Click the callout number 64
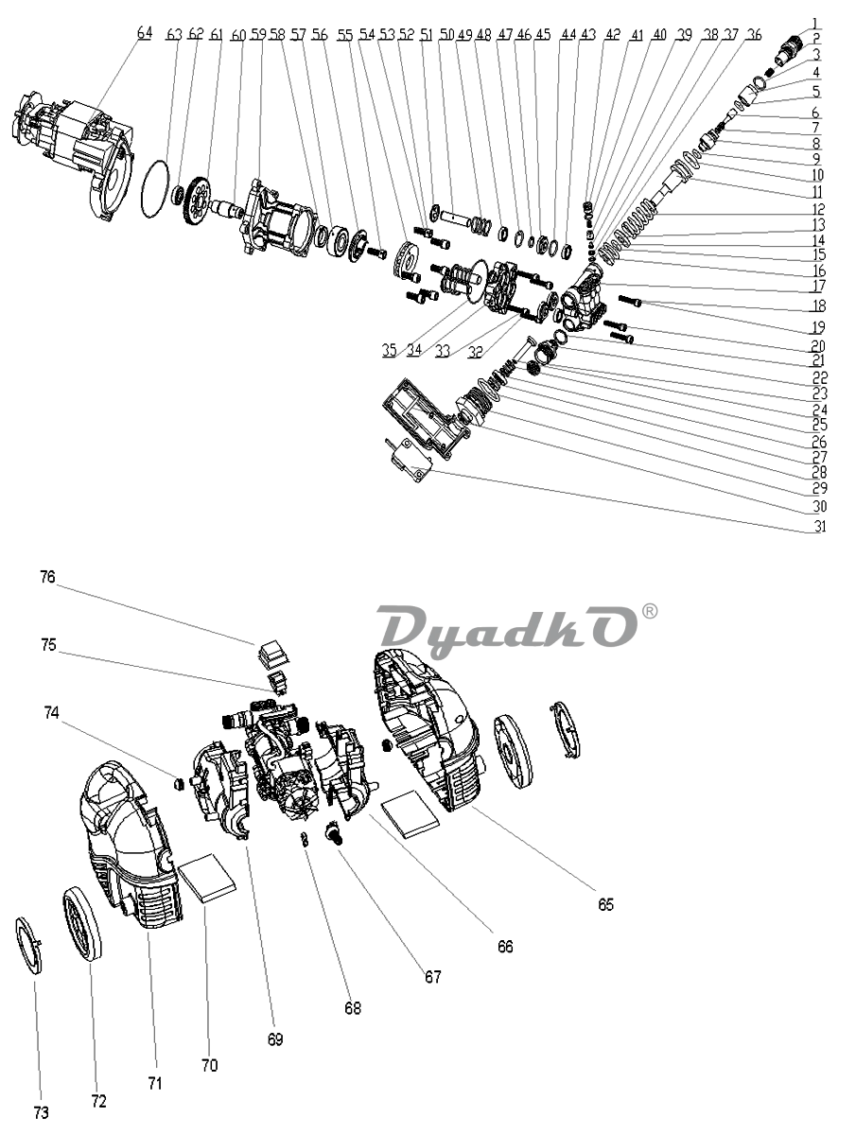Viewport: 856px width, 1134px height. (x=144, y=32)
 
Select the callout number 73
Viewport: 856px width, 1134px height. (x=41, y=1113)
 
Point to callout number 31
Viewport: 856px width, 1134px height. (x=817, y=526)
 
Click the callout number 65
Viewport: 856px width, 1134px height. (x=605, y=904)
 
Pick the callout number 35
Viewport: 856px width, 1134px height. (x=389, y=349)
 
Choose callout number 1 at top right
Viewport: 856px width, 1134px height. (x=816, y=23)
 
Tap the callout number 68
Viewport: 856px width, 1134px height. (x=353, y=1008)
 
